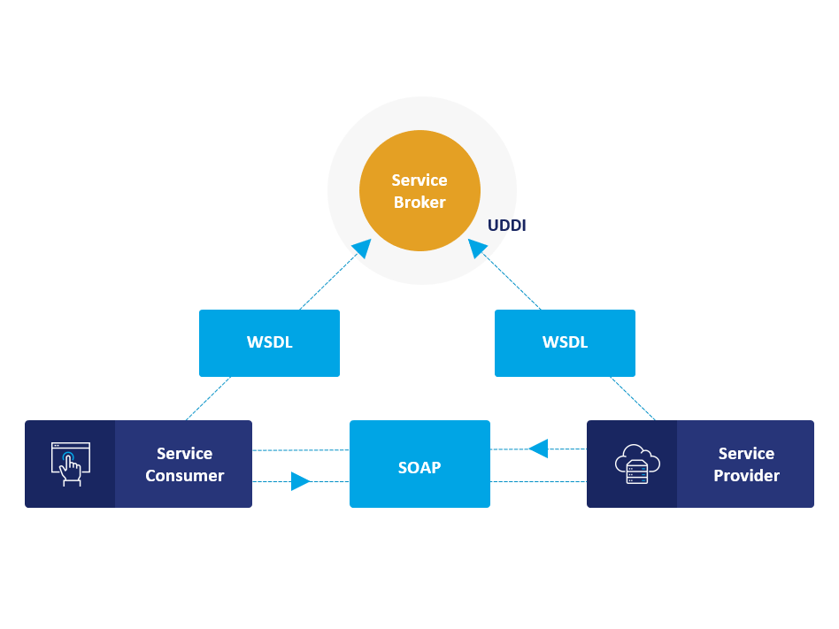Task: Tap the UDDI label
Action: [x=506, y=226]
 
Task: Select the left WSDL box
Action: [x=269, y=343]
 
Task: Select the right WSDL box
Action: [x=565, y=343]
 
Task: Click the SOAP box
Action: [x=419, y=467]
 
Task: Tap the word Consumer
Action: [x=184, y=476]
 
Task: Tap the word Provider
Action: [x=746, y=476]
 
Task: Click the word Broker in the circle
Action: [x=419, y=203]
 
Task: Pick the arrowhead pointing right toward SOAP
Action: [x=300, y=481]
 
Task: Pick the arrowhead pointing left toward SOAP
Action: [x=538, y=449]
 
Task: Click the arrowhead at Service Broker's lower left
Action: [x=361, y=249]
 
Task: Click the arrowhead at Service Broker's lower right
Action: [x=478, y=249]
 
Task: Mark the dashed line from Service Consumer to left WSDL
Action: [x=208, y=399]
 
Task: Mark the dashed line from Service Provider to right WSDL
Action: [x=633, y=399]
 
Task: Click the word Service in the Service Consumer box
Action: [x=184, y=453]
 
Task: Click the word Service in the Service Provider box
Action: [x=746, y=453]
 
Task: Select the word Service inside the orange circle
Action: [x=419, y=180]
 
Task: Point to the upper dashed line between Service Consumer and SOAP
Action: [x=301, y=450]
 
